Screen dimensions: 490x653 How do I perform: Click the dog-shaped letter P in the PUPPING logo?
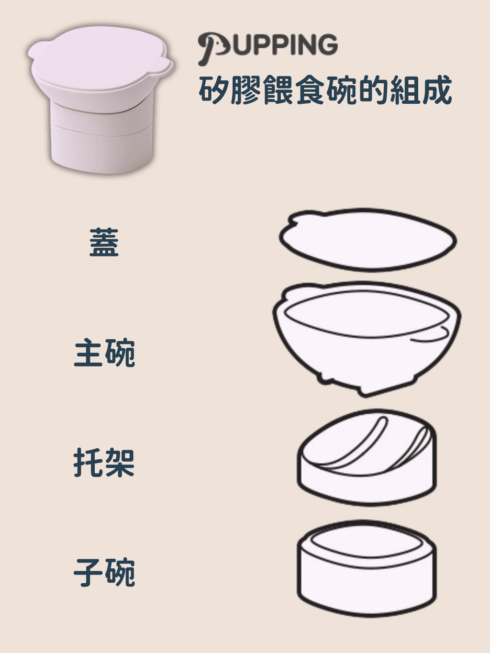tap(213, 47)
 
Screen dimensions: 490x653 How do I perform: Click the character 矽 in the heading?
tap(213, 90)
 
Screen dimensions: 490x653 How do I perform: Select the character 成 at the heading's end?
tap(437, 90)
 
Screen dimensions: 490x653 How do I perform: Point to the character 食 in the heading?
tap(310, 90)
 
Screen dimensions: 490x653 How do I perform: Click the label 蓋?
tap(104, 243)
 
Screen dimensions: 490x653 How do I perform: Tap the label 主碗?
tap(104, 353)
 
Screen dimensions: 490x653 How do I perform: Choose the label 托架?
tap(104, 463)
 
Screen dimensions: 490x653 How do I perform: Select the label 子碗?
tap(104, 573)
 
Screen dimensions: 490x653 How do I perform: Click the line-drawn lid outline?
tap(367, 240)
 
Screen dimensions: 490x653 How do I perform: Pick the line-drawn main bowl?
tap(367, 339)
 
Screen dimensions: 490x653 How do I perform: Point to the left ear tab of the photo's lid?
tap(36, 51)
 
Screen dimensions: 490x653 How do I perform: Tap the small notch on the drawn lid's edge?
tap(293, 221)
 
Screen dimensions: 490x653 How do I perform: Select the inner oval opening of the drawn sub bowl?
tap(367, 542)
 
